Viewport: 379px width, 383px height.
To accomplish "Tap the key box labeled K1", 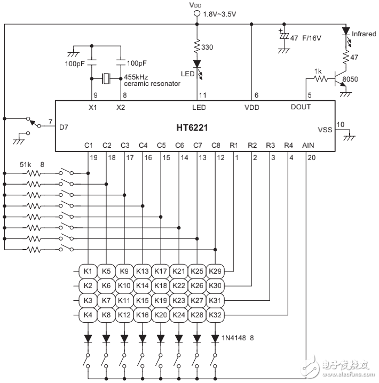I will coord(88,272).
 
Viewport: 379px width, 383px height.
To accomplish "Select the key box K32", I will coord(215,315).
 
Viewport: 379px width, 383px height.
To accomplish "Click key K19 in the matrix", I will coord(161,300).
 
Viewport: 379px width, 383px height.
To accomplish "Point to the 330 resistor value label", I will coord(207,47).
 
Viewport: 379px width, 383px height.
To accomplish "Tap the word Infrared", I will coord(364,34).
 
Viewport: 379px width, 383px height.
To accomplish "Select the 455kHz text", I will coord(137,77).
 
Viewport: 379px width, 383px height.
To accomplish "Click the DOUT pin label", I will coord(301,107).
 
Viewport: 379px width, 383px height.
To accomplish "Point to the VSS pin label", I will coord(325,130).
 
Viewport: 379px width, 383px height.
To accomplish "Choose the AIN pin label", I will coord(309,145).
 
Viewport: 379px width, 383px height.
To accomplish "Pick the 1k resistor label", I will coord(319,71).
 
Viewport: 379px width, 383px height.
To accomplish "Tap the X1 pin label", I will coord(92,107).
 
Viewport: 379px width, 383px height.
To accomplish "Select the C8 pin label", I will coord(215,145).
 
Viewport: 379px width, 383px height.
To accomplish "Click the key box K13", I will coord(143,272).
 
